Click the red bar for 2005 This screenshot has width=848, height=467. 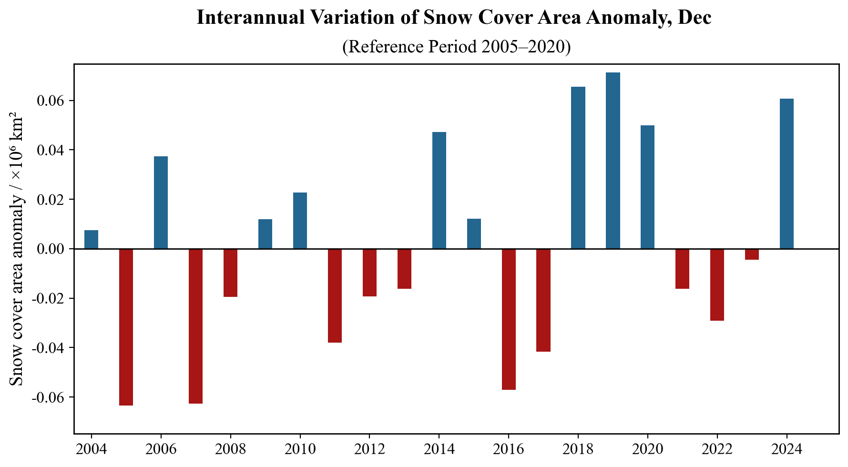tap(126, 327)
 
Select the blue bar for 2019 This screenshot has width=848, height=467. tap(613, 161)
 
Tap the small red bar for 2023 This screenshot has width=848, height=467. tap(752, 254)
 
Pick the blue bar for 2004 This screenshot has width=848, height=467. tap(91, 240)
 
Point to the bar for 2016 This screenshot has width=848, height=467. tap(509, 319)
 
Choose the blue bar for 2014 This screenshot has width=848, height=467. tap(439, 190)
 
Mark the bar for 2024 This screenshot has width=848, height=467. tap(787, 173)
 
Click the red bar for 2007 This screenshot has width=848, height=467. tap(195, 326)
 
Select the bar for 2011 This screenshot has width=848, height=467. tap(335, 295)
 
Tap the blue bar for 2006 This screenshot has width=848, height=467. tap(161, 203)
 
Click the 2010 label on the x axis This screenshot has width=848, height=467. tap(300, 449)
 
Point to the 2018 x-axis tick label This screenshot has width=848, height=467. tap(578, 449)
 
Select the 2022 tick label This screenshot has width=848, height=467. tap(717, 449)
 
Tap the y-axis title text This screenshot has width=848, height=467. tap(17, 249)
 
